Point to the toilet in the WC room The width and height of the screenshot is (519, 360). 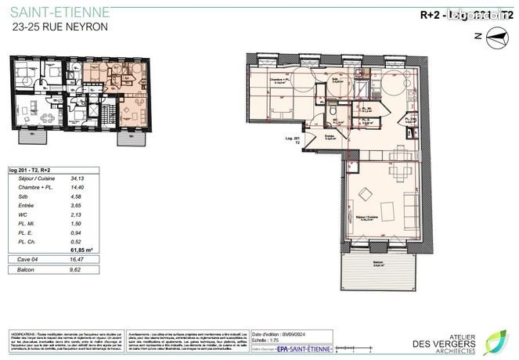coord(333,121)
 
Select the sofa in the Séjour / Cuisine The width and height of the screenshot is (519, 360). coord(412,203)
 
